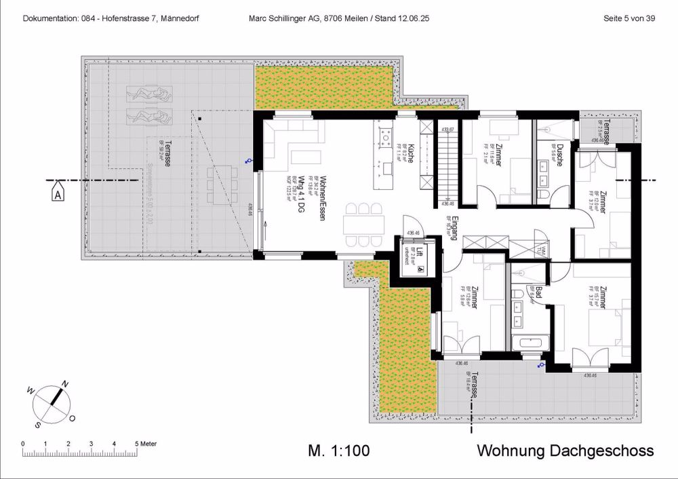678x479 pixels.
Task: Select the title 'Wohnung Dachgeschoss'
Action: [x=565, y=451]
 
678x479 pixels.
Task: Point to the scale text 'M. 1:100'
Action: [x=339, y=451]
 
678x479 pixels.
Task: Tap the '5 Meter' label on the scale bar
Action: [x=145, y=443]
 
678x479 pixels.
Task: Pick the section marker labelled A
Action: [x=58, y=194]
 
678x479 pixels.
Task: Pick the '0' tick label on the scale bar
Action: [x=24, y=443]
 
